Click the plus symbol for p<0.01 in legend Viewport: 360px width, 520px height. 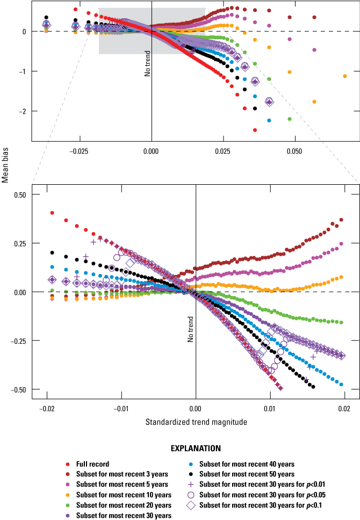pos(192,484)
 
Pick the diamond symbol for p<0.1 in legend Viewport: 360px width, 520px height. pos(192,505)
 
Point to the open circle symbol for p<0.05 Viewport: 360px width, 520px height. pos(192,495)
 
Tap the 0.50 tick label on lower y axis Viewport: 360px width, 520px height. pos(19,195)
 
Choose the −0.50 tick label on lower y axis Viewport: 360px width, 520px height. pos(18,389)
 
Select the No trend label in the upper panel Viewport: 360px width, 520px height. pos(147,64)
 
